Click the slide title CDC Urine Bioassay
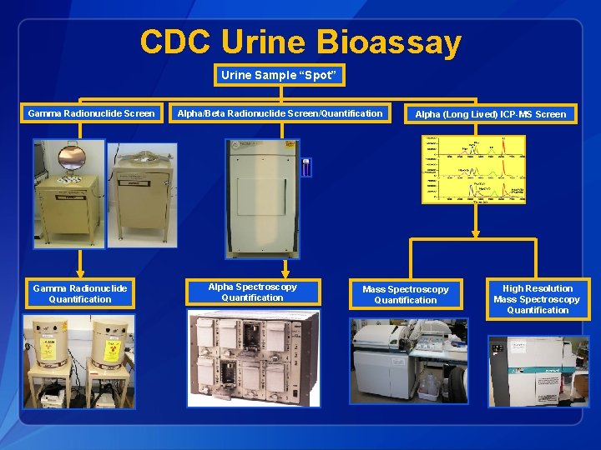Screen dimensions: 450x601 (x=300, y=42)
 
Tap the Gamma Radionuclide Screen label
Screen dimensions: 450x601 (x=91, y=113)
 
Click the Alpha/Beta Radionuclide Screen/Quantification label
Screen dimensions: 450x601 (x=280, y=113)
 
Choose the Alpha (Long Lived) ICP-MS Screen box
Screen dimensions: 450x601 (x=491, y=114)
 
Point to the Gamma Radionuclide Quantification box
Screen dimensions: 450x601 (x=80, y=293)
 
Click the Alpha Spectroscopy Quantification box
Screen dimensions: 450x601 (x=252, y=292)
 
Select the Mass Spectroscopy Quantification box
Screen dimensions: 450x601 (x=405, y=295)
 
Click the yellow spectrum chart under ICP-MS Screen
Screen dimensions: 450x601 (x=474, y=170)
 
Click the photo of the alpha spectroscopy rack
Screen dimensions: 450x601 (x=253, y=358)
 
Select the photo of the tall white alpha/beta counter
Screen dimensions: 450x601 (x=263, y=198)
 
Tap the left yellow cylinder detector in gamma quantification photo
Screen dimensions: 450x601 (x=49, y=342)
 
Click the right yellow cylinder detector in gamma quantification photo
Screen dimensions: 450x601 (x=109, y=342)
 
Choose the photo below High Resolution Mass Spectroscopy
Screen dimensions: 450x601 (x=538, y=370)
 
